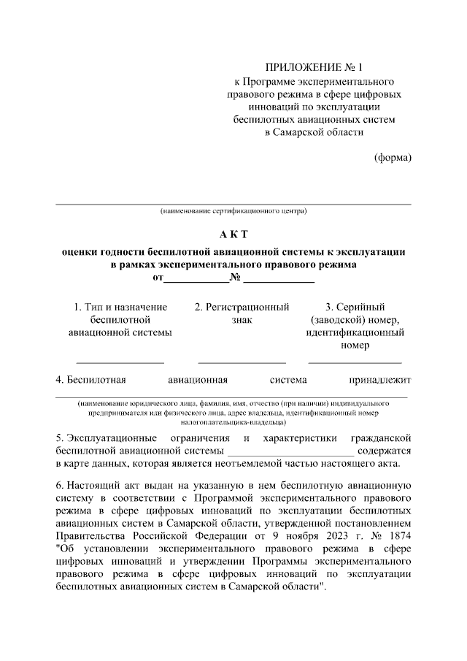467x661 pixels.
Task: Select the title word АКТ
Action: point(233,234)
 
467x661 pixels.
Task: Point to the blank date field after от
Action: point(196,279)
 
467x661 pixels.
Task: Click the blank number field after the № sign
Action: point(279,279)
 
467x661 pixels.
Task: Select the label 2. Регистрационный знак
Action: point(242,313)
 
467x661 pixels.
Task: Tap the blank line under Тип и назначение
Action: point(120,362)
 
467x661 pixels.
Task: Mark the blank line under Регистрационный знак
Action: point(242,362)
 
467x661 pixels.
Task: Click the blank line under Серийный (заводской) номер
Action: point(355,362)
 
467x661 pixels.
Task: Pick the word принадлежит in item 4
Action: point(380,380)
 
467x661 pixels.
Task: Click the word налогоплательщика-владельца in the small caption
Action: point(233,422)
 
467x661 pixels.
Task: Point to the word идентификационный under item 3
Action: point(355,332)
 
